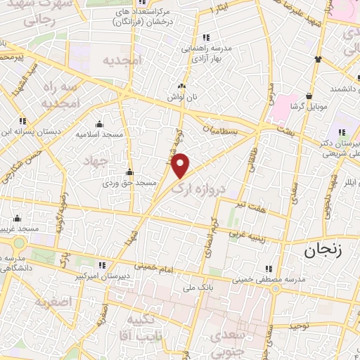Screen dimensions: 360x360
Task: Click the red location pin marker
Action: click(x=181, y=165)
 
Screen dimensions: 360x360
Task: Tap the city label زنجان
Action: click(x=326, y=249)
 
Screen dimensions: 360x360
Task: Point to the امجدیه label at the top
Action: click(x=123, y=60)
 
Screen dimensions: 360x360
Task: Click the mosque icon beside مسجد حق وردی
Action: click(x=129, y=172)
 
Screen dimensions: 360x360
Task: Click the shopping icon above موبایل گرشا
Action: click(x=309, y=96)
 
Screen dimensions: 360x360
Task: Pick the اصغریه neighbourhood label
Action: click(x=57, y=302)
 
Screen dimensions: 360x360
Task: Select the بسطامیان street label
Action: click(x=221, y=131)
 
